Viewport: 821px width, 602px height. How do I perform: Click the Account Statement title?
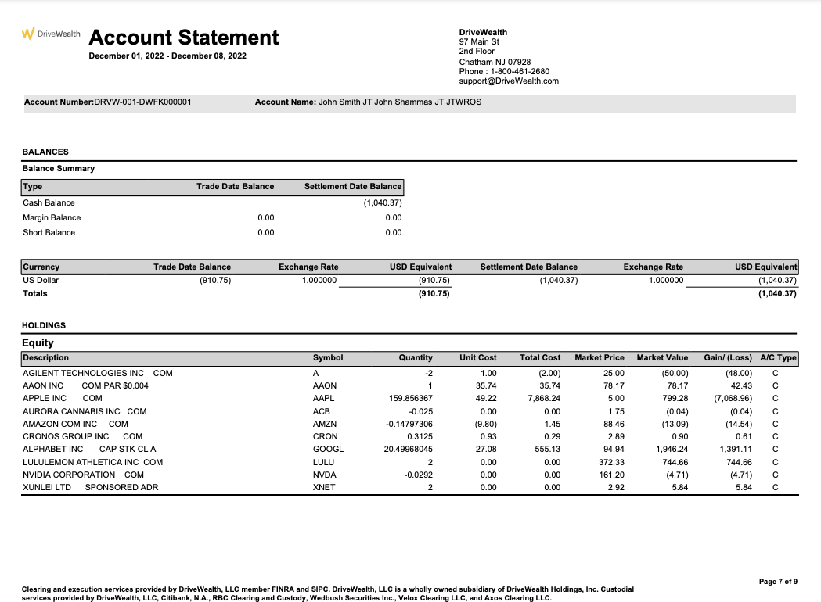[184, 38]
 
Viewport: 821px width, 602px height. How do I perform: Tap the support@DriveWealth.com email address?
[509, 81]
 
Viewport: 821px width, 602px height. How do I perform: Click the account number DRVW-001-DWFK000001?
[143, 102]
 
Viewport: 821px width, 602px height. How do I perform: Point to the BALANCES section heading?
[45, 152]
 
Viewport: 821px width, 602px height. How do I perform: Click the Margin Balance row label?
[52, 217]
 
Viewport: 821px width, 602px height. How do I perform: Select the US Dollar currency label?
[41, 280]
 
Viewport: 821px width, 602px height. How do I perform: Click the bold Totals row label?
[35, 293]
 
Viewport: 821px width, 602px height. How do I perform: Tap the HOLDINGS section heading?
[44, 325]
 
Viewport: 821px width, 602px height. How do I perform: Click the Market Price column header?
[600, 357]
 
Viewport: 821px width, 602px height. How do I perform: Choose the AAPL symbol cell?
[323, 398]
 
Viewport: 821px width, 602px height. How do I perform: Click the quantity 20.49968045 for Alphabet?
[408, 449]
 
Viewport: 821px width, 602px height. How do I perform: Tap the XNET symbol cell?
[323, 487]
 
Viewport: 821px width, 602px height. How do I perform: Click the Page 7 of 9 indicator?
[778, 582]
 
